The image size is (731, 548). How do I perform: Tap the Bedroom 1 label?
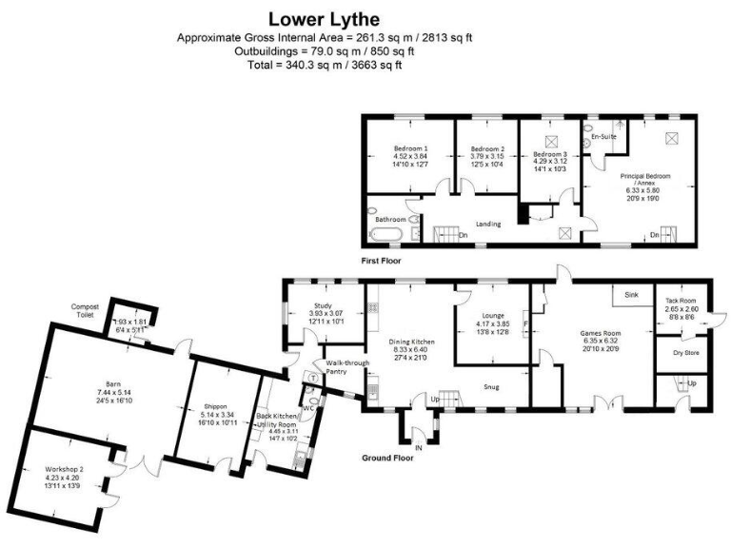tap(411, 148)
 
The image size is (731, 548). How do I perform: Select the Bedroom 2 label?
tap(487, 148)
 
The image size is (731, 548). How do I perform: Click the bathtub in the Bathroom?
tap(389, 232)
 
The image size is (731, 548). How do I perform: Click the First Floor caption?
tap(381, 260)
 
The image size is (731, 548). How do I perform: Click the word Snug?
tap(492, 386)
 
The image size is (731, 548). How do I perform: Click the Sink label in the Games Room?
tap(631, 296)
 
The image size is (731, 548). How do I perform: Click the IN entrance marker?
tap(418, 446)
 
